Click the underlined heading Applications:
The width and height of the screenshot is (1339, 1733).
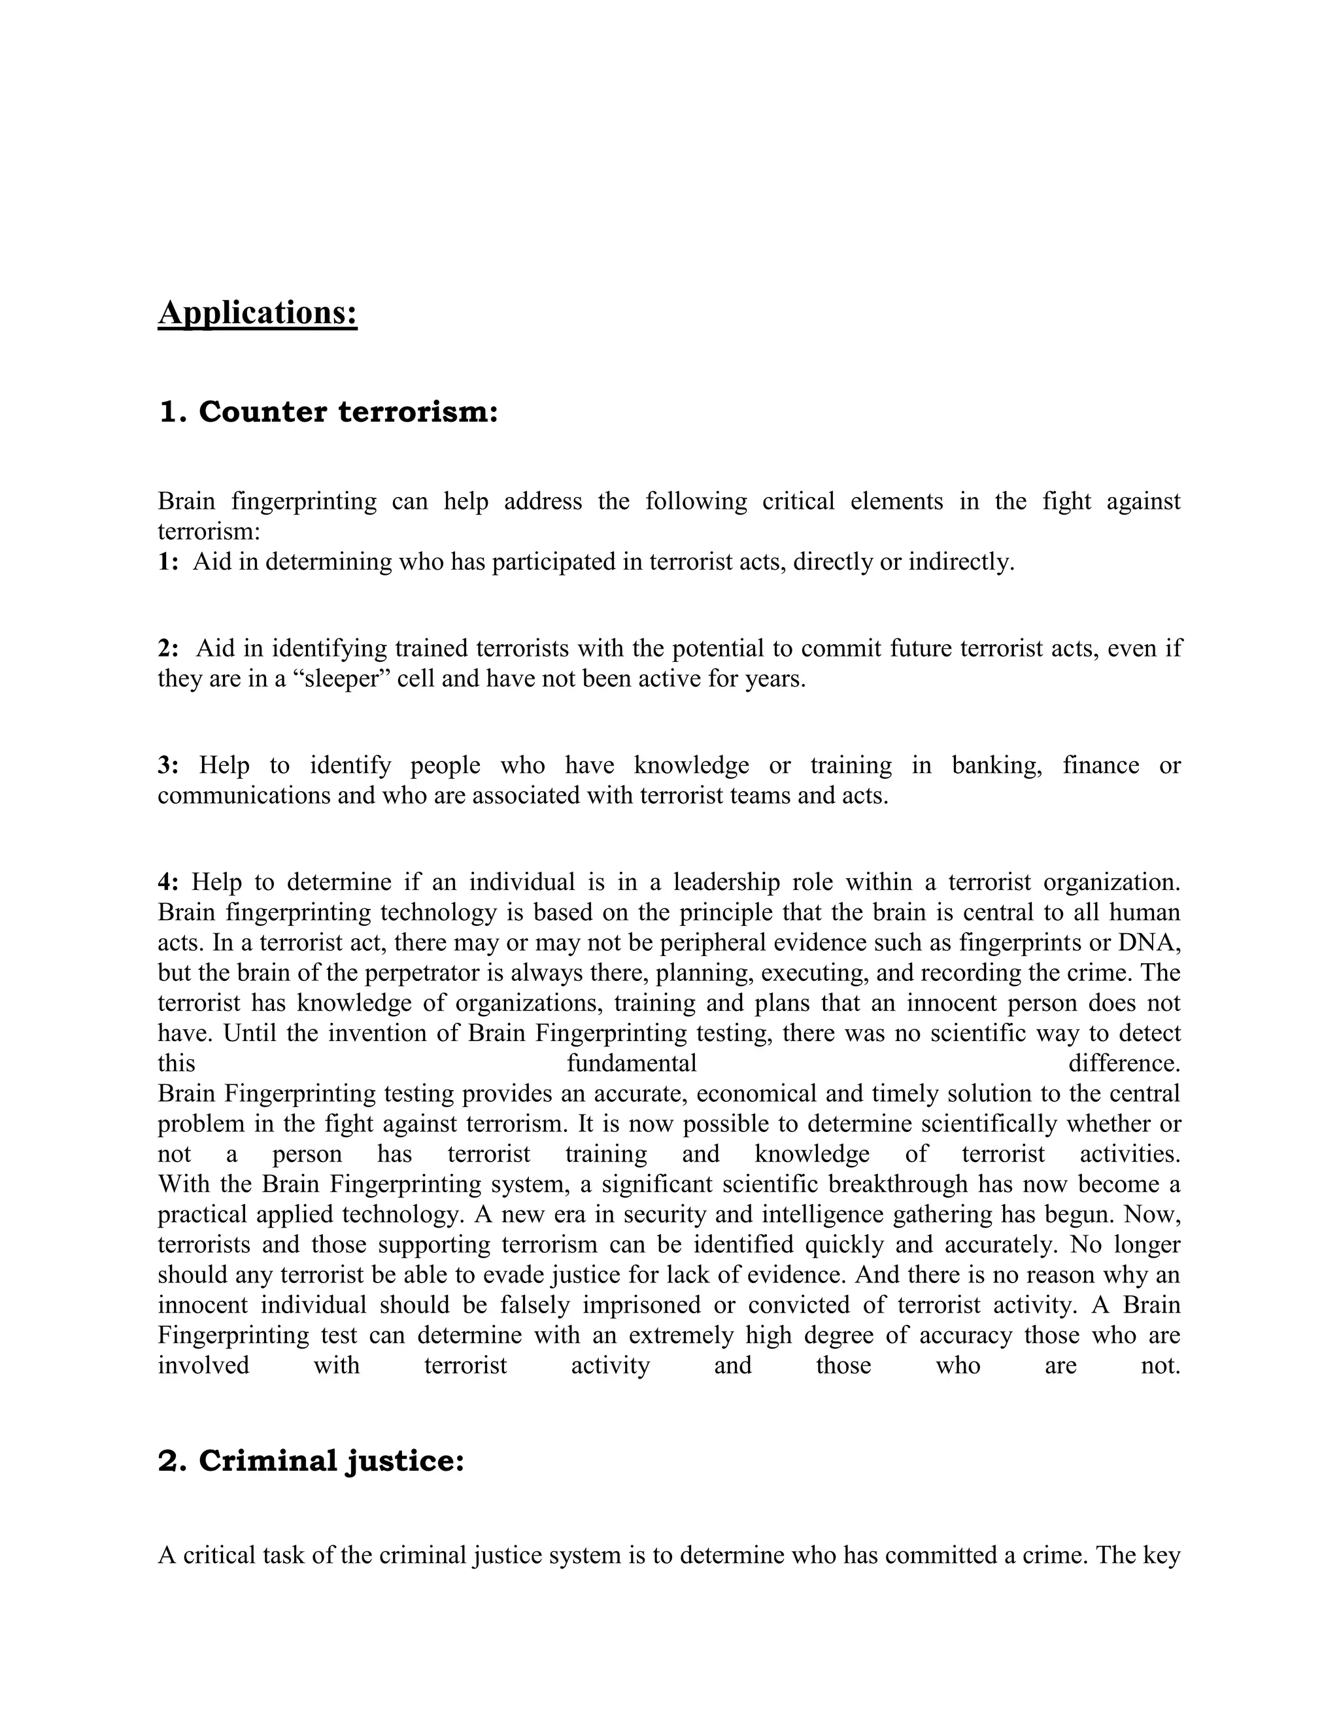[257, 313]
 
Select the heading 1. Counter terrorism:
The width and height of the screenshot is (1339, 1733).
[328, 412]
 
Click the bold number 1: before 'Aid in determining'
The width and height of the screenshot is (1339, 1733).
[168, 562]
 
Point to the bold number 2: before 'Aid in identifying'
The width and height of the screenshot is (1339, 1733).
[168, 648]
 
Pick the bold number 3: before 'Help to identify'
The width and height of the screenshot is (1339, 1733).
[168, 765]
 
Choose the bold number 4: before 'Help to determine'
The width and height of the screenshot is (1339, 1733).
[168, 882]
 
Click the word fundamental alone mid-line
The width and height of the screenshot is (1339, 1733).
[632, 1063]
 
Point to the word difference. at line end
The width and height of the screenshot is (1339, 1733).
[1124, 1063]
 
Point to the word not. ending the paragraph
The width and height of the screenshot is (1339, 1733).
[1161, 1365]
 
